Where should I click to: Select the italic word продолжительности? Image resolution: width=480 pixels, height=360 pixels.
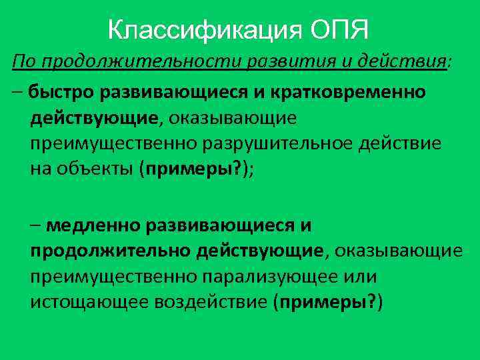[x=138, y=62]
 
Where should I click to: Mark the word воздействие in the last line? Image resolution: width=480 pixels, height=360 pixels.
[x=211, y=301]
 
